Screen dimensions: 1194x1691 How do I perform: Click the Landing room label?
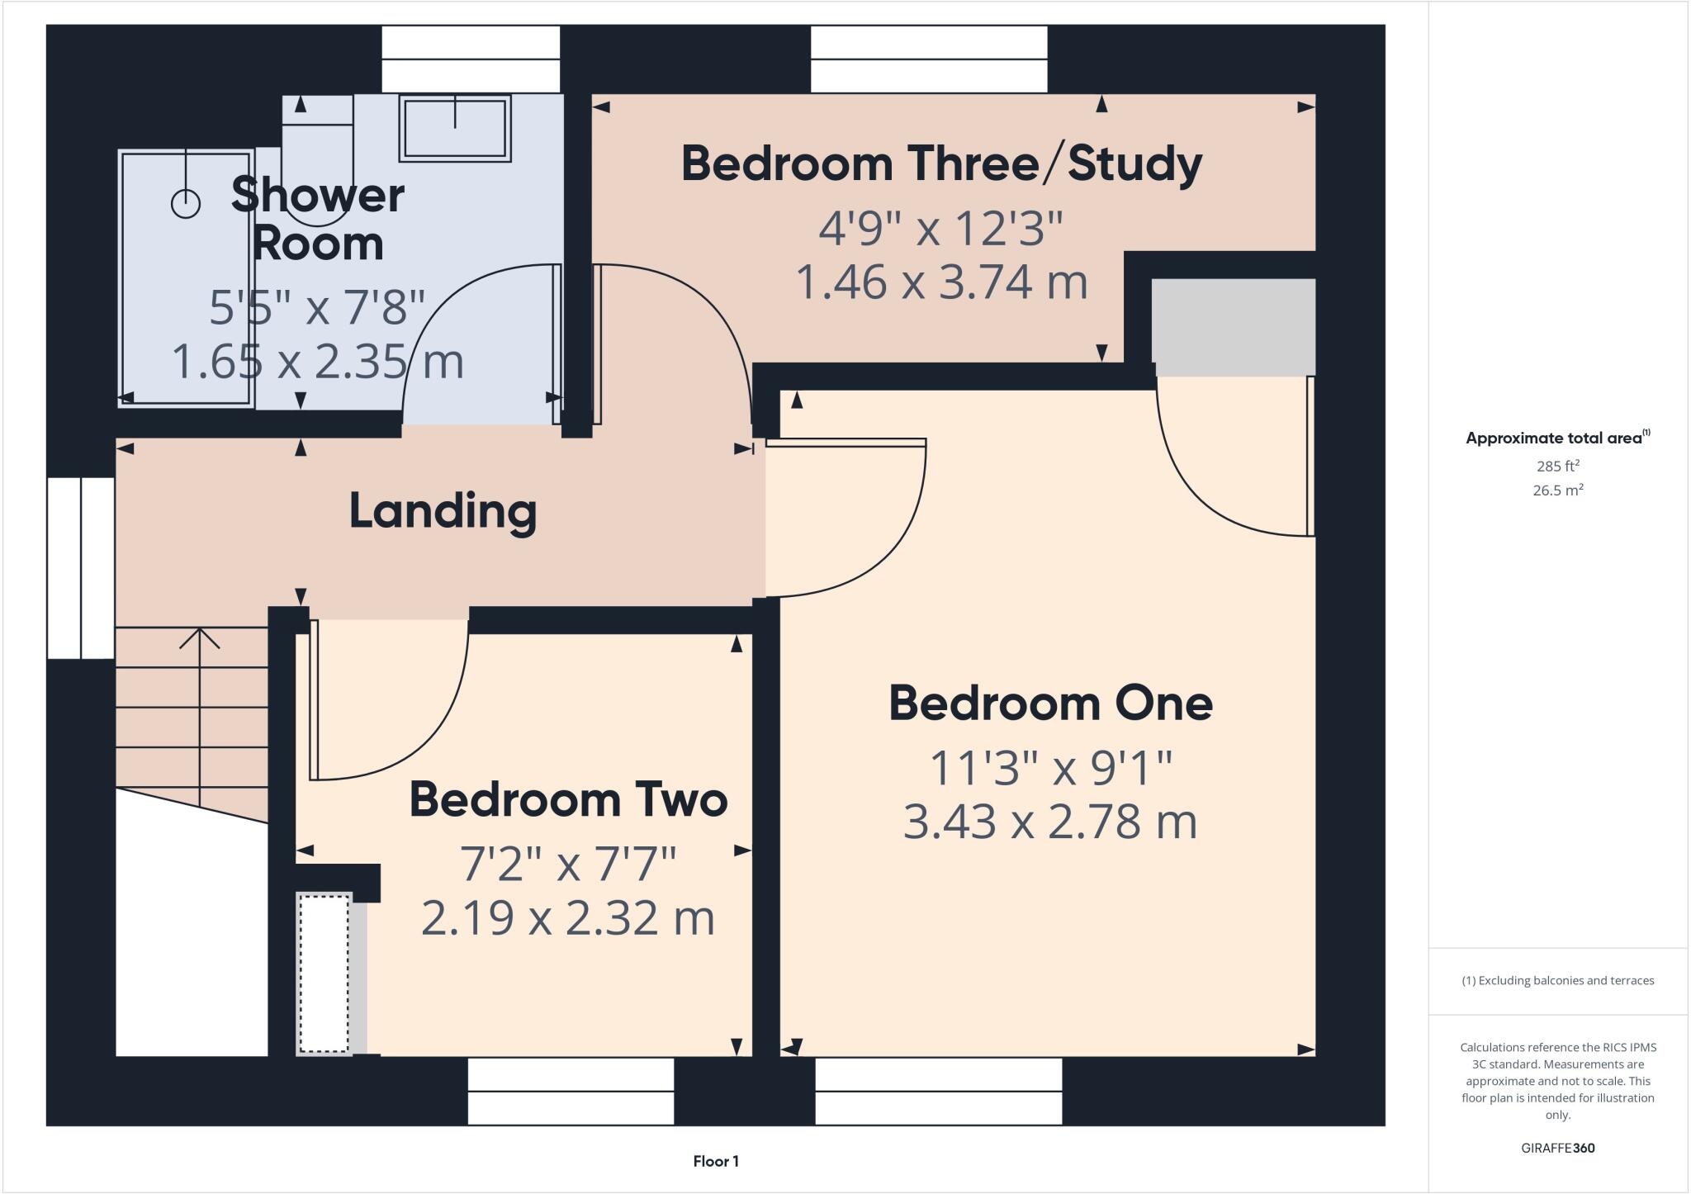tap(443, 511)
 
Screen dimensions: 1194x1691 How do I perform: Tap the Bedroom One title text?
tap(1050, 704)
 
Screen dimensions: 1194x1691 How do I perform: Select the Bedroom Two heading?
tap(568, 800)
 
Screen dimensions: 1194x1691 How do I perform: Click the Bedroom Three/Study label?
tap(941, 163)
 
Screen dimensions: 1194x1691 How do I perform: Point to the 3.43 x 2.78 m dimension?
tap(1050, 822)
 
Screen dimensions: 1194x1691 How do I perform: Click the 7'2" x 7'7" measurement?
tap(568, 865)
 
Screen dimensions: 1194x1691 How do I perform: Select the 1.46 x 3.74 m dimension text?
tap(941, 282)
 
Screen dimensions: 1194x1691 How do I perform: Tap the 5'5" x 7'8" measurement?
tap(317, 307)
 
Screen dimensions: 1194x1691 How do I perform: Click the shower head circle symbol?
tap(186, 203)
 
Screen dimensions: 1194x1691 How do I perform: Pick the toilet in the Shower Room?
tap(318, 157)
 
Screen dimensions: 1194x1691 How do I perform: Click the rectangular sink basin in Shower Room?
tap(455, 129)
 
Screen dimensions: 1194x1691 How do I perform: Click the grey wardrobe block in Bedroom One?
tap(1233, 327)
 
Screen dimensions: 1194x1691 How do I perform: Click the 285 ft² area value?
tap(1557, 466)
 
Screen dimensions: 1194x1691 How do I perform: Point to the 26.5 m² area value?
tap(1557, 490)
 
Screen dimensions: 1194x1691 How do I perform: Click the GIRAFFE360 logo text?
tap(1557, 1148)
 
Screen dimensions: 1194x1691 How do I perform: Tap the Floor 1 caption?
tap(716, 1162)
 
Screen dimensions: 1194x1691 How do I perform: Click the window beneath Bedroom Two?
tap(571, 1092)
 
